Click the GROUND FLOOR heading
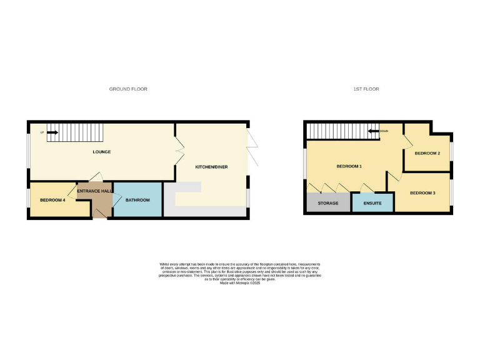[x=128, y=89]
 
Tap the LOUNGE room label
[x=101, y=152]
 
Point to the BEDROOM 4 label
[x=52, y=200]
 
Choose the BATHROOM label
[x=137, y=200]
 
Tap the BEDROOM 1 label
[x=349, y=166]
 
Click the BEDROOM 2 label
[x=427, y=153]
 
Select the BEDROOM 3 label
[x=422, y=193]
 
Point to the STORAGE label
[x=328, y=204]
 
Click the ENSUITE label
[x=372, y=204]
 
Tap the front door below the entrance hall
[x=100, y=214]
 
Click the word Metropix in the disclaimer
[x=232, y=283]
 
